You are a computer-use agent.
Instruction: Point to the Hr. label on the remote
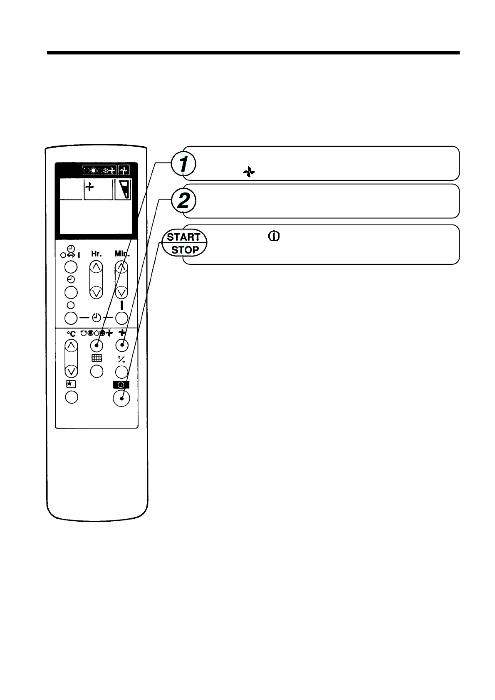pyautogui.click(x=96, y=253)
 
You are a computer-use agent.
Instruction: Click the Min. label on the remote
pyautogui.click(x=122, y=253)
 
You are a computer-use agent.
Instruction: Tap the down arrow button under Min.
pyautogui.click(x=121, y=292)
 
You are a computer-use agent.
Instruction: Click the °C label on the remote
pyautogui.click(x=72, y=333)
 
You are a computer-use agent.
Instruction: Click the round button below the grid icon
pyautogui.click(x=97, y=371)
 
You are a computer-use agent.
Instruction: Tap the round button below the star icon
pyautogui.click(x=72, y=397)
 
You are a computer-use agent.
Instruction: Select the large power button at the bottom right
pyautogui.click(x=121, y=398)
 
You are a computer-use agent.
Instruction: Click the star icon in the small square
pyautogui.click(x=70, y=385)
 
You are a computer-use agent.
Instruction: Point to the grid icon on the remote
pyautogui.click(x=97, y=358)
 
